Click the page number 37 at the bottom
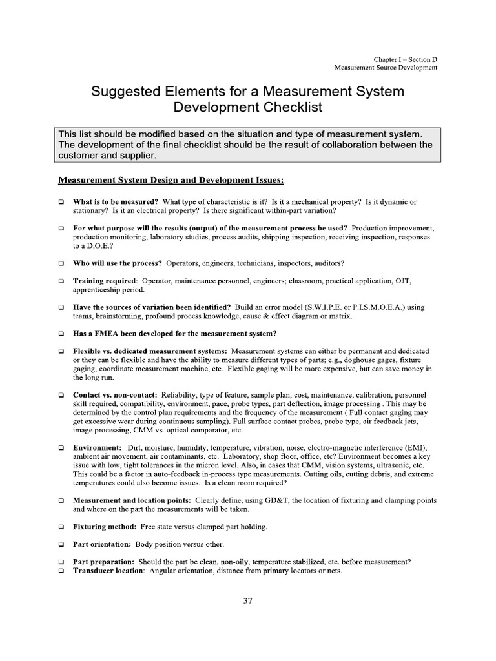click(248, 600)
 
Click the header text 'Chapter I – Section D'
click(406, 59)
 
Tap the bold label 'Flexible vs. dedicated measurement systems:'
click(150, 351)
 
